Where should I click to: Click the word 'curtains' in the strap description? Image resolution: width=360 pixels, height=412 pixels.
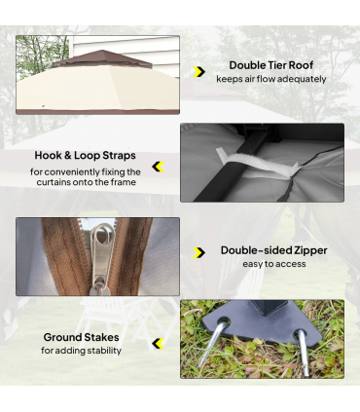pyautogui.click(x=58, y=182)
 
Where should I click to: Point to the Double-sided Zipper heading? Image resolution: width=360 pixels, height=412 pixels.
pyautogui.click(x=272, y=250)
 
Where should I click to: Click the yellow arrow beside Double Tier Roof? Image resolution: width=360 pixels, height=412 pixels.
pyautogui.click(x=199, y=72)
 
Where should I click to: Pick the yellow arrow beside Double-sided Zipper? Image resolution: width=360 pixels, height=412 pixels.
pyautogui.click(x=199, y=253)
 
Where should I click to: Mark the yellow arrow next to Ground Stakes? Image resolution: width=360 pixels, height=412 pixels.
pyautogui.click(x=158, y=343)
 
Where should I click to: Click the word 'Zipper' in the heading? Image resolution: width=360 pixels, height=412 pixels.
pyautogui.click(x=306, y=250)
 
